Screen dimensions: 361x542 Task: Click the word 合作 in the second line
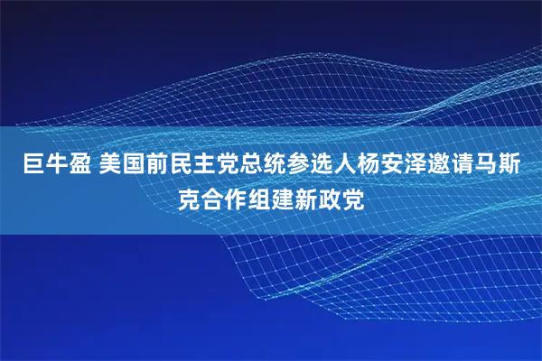pos(220,198)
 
